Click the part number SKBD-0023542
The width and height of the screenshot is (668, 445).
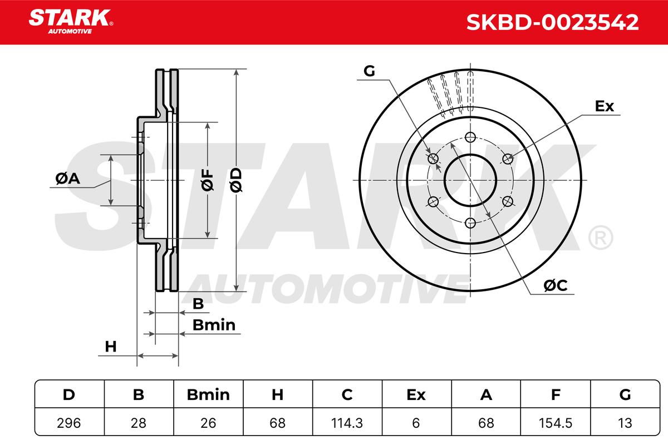click(552, 22)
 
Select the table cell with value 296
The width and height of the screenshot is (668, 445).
click(69, 423)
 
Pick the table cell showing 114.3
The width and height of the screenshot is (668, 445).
click(347, 423)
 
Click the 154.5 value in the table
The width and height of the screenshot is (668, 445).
click(556, 423)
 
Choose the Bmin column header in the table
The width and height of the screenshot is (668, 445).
click(208, 394)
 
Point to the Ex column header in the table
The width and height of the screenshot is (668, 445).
click(416, 394)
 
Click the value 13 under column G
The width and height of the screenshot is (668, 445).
click(625, 423)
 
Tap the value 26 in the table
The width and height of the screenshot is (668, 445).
click(208, 423)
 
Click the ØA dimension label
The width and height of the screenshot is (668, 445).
click(68, 179)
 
